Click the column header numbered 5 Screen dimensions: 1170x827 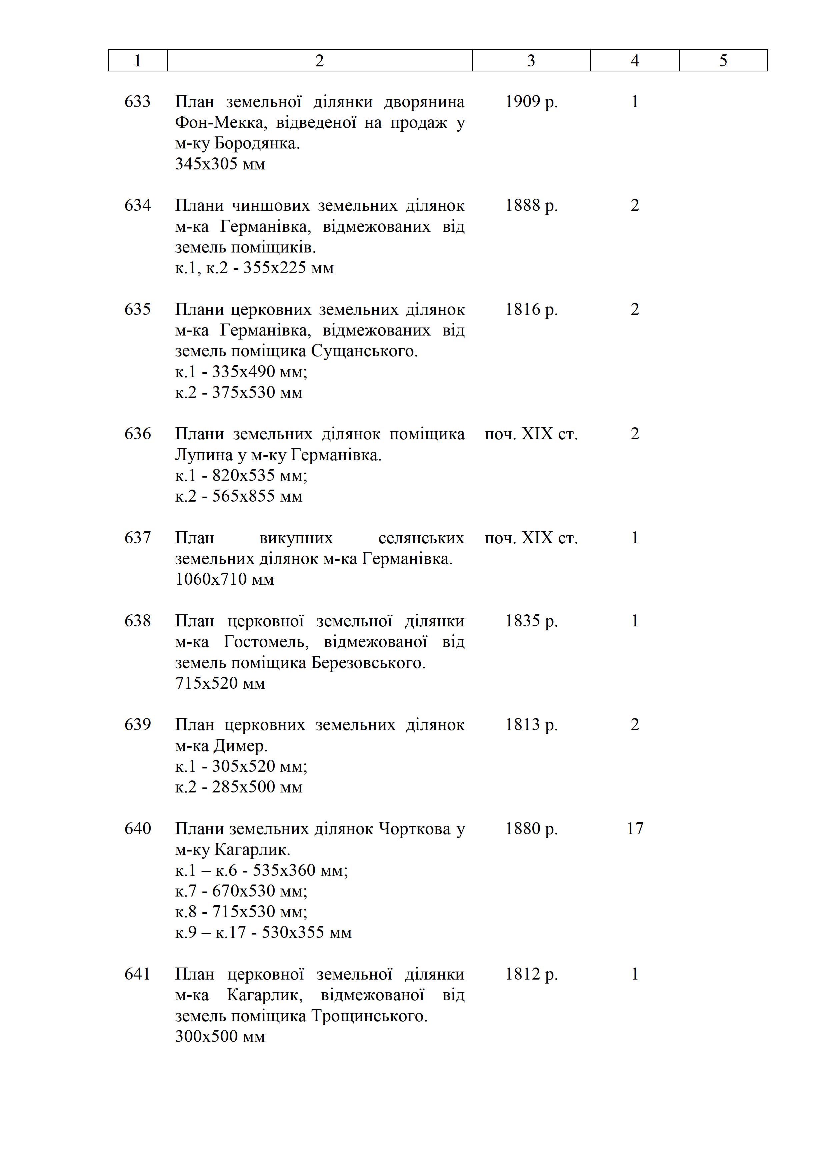click(723, 61)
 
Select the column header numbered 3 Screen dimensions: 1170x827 click(531, 61)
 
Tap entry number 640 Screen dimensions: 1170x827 click(137, 828)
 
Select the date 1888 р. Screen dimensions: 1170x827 click(531, 205)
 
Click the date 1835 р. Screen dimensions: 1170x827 click(531, 621)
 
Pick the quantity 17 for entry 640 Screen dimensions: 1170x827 click(635, 828)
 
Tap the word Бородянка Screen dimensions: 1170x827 click(257, 144)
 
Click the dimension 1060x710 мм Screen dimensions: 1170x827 click(225, 579)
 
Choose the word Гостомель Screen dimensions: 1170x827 click(266, 642)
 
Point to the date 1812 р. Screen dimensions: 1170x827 click(531, 974)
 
